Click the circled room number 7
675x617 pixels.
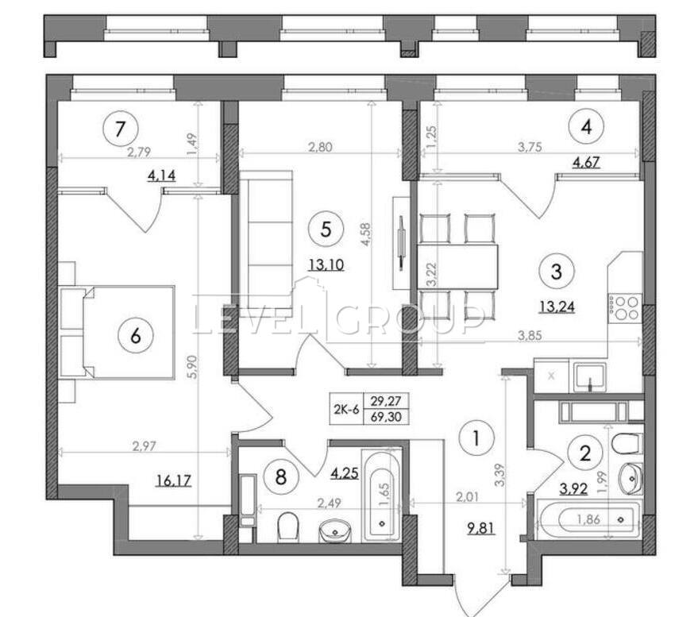click(x=121, y=129)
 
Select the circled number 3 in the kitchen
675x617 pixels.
click(x=556, y=272)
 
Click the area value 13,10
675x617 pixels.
click(x=326, y=264)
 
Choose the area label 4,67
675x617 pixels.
click(x=585, y=162)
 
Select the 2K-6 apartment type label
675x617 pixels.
click(x=346, y=409)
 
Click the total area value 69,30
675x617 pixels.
click(x=386, y=417)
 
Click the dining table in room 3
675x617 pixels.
click(x=457, y=267)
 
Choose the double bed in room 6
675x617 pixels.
click(x=117, y=333)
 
